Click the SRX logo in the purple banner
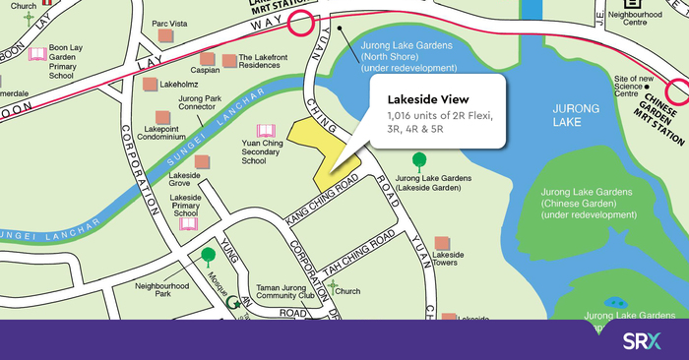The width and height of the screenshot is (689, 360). pos(643,342)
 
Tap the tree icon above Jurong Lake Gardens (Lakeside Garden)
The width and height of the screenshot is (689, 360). pos(420,159)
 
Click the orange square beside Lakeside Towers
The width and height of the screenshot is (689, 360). pos(440,239)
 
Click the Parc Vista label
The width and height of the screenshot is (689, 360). pos(169,21)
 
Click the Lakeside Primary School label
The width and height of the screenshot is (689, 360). pos(186,203)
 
